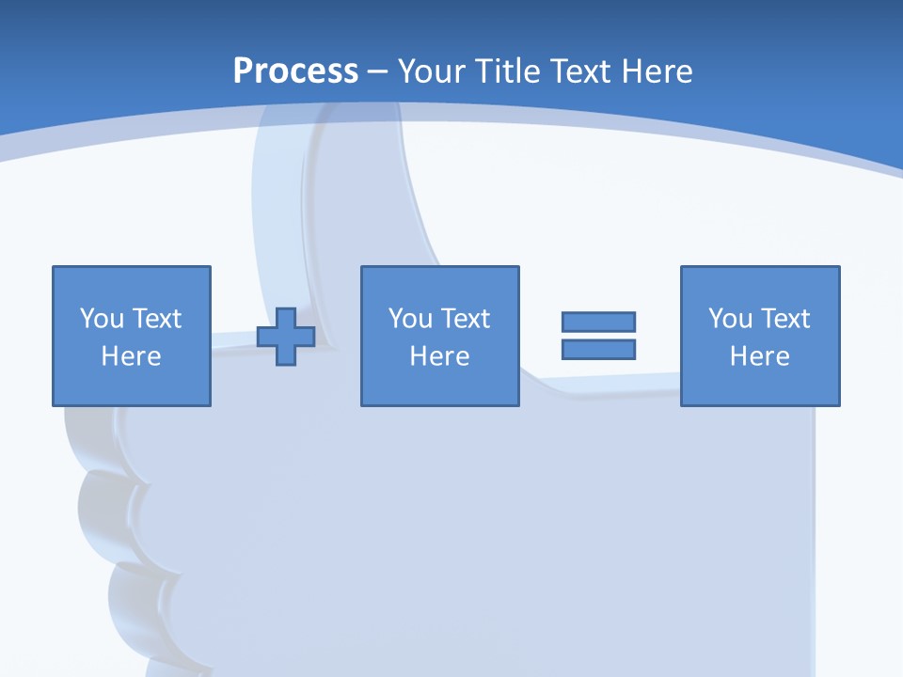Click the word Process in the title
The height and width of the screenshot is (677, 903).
295,71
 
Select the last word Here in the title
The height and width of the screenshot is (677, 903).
657,71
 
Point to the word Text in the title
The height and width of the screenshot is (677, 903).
581,71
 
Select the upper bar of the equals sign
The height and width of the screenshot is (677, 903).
598,322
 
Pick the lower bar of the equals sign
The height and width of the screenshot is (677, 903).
598,349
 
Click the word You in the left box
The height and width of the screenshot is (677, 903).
101,319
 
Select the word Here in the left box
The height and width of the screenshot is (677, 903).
131,356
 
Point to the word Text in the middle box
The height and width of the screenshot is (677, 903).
465,319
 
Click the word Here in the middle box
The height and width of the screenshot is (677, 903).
439,356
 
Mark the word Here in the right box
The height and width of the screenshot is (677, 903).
759,356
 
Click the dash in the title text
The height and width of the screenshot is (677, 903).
377,71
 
